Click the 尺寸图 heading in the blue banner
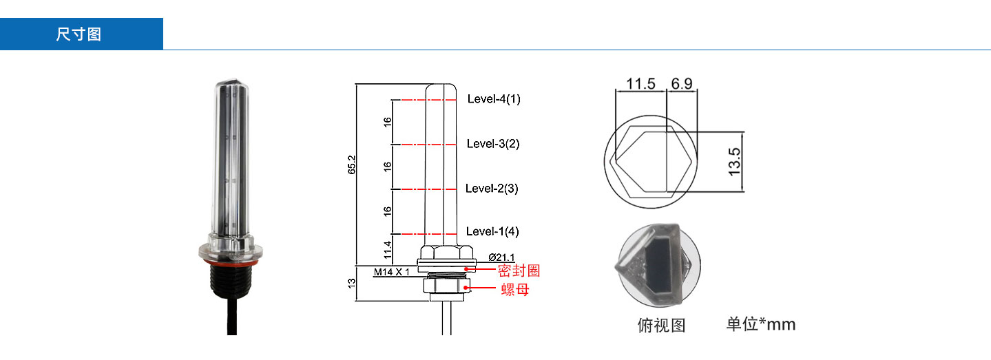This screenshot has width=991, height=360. tap(79, 34)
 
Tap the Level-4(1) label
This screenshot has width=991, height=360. tap(494, 99)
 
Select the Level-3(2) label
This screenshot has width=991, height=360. tap(493, 144)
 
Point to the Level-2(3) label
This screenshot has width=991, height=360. tap(492, 188)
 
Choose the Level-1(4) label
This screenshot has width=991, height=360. tap(493, 231)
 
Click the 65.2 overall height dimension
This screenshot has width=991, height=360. tap(351, 165)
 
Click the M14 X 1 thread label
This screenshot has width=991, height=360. tap(392, 272)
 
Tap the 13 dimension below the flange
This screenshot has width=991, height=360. tap(351, 283)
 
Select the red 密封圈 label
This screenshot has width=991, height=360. tap(519, 271)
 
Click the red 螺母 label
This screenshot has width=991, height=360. tap(515, 290)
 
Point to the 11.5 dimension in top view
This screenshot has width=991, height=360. tap(640, 84)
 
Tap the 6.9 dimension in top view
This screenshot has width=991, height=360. tap(682, 84)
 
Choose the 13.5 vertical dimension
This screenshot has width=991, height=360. tap(735, 161)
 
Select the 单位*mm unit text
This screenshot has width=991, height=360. tap(760, 324)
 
